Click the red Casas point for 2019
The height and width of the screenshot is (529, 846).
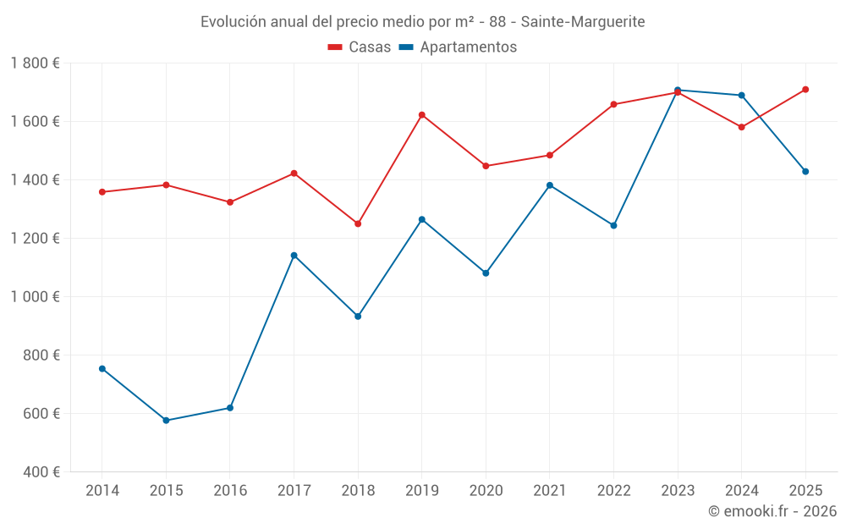[422, 115]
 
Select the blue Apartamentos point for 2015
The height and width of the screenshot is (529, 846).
[166, 421]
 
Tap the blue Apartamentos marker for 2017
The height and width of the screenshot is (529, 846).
[294, 256]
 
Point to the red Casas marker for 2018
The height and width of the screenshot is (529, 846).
[358, 224]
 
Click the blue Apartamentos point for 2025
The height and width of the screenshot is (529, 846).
[805, 172]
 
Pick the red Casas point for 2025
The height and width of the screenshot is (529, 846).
[805, 90]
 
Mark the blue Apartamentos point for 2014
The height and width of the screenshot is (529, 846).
[102, 369]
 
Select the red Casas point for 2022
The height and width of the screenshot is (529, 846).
[613, 105]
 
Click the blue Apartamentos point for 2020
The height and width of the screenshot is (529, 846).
[486, 273]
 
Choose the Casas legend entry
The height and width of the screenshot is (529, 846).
[360, 47]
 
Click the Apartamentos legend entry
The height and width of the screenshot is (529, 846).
[458, 47]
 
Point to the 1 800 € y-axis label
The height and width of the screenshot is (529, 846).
[36, 63]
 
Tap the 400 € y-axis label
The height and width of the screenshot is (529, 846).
[43, 472]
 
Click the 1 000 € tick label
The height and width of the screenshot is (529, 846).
[36, 297]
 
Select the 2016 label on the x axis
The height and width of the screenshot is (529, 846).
[230, 491]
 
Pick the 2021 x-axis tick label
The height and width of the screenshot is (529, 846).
[550, 491]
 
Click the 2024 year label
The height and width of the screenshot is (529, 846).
[742, 491]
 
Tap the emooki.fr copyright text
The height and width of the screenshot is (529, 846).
[772, 511]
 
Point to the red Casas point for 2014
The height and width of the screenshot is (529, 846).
[102, 192]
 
